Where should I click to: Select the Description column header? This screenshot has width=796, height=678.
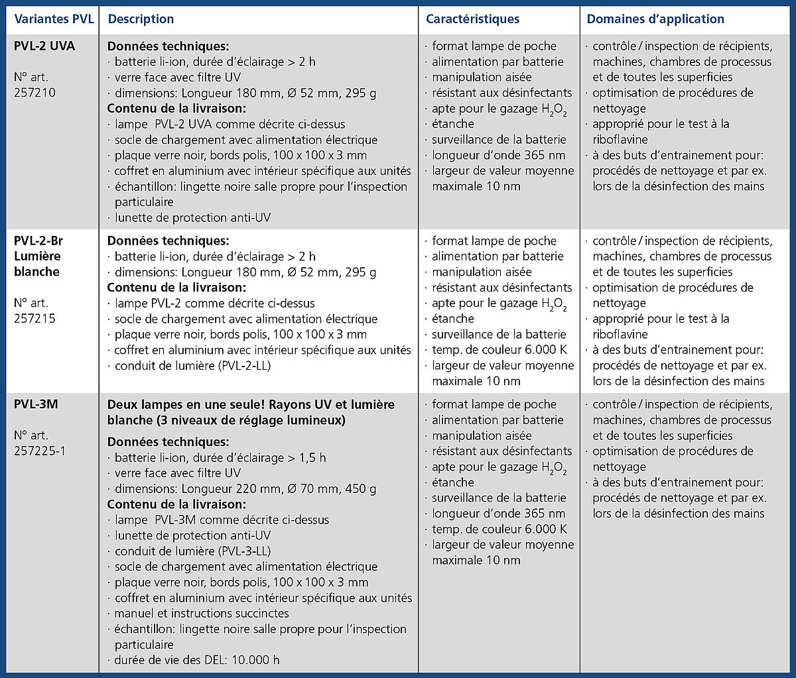[x=141, y=19]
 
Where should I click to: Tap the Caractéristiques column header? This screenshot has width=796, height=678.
[x=472, y=19]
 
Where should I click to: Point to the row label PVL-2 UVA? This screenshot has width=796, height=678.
[x=44, y=46]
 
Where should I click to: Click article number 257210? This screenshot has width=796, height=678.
[x=34, y=93]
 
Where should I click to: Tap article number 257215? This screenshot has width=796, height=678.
[x=34, y=319]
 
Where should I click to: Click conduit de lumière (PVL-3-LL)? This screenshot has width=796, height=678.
[x=192, y=551]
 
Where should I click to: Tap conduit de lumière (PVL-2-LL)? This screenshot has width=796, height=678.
[x=192, y=365]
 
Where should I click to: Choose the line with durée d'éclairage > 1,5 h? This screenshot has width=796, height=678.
[x=219, y=458]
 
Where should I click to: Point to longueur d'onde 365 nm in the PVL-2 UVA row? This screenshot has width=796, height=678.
[x=497, y=155]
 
